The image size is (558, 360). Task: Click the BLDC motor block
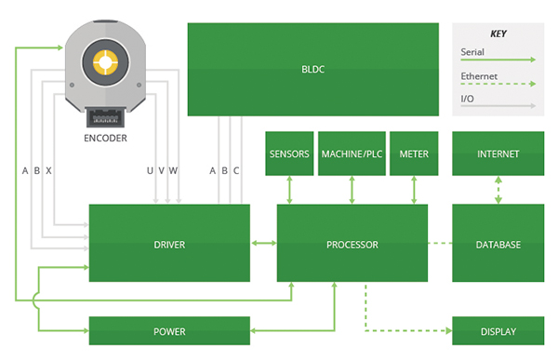[313, 70]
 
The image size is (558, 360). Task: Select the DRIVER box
[169, 245]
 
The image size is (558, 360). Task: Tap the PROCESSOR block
[352, 245]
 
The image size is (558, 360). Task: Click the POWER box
[169, 331]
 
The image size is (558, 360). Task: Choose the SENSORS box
[288, 153]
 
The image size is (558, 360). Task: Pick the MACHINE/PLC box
[352, 153]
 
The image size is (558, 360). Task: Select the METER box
[413, 153]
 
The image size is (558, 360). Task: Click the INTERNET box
[498, 153]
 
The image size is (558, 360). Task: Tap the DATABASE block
[498, 245]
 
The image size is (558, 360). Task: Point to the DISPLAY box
[498, 331]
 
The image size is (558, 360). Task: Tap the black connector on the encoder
[105, 118]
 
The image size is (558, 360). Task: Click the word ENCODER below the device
[105, 139]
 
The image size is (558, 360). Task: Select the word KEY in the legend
[498, 33]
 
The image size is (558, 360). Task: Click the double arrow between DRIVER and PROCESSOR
[264, 245]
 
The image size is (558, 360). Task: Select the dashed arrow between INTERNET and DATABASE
[498, 191]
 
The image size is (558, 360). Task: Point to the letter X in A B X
[48, 170]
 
